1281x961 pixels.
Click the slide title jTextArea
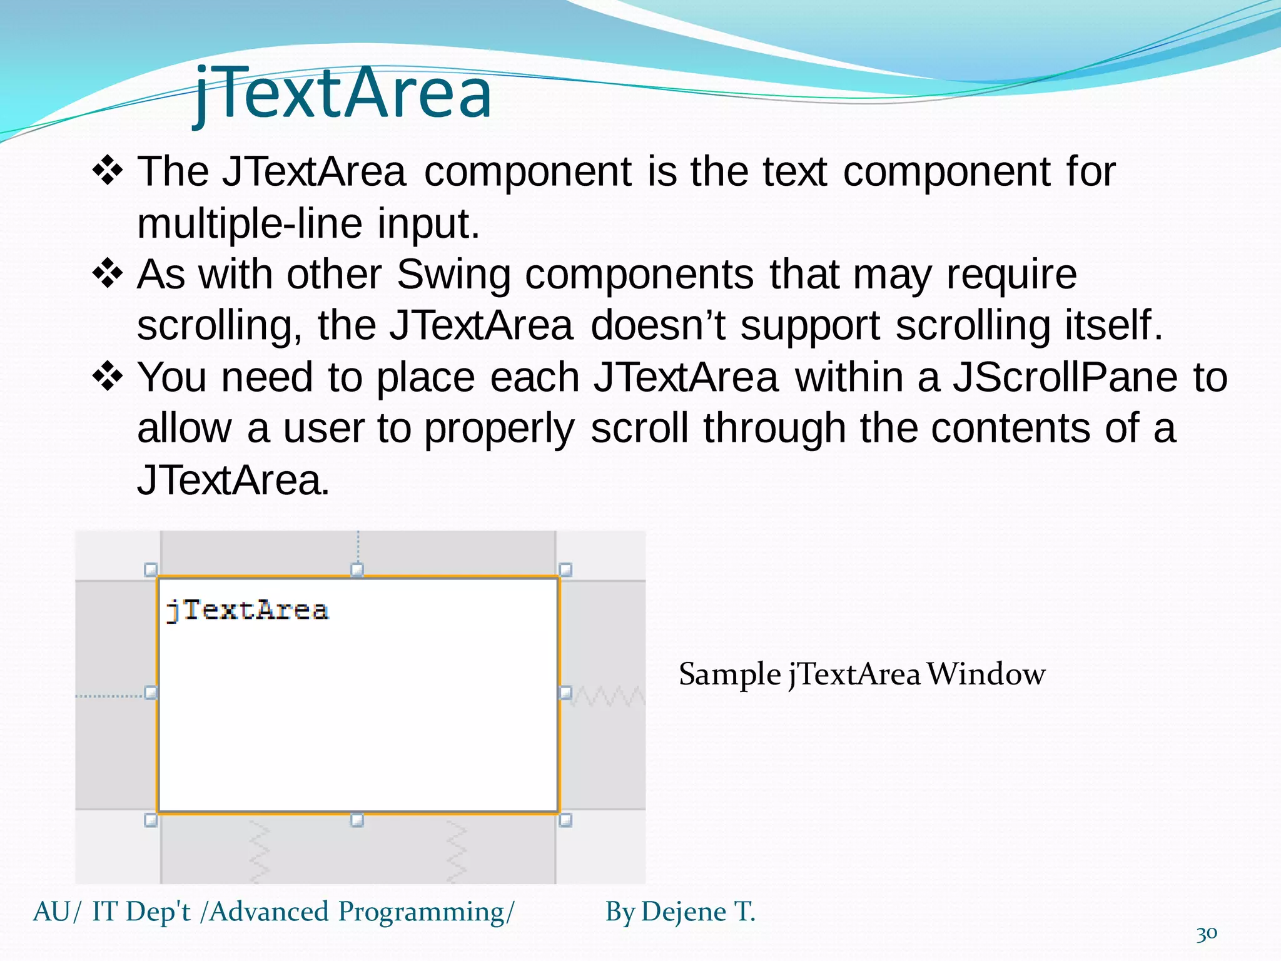pos(343,94)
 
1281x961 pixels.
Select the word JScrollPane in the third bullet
pos(1065,377)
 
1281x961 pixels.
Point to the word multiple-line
pos(250,223)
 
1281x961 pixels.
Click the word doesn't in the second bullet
pos(658,325)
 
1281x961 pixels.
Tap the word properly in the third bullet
pos(499,429)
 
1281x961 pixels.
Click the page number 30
pos(1207,933)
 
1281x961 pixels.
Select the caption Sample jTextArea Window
pos(861,674)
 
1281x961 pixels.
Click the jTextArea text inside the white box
pos(247,610)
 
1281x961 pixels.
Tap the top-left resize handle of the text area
pos(151,569)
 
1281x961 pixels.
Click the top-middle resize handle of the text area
pos(357,569)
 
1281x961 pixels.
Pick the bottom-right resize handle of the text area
pos(565,820)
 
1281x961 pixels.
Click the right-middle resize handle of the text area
pos(565,693)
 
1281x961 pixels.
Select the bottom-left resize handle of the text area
pos(151,820)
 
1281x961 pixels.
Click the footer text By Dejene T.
pos(680,912)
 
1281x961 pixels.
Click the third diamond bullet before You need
pos(108,377)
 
